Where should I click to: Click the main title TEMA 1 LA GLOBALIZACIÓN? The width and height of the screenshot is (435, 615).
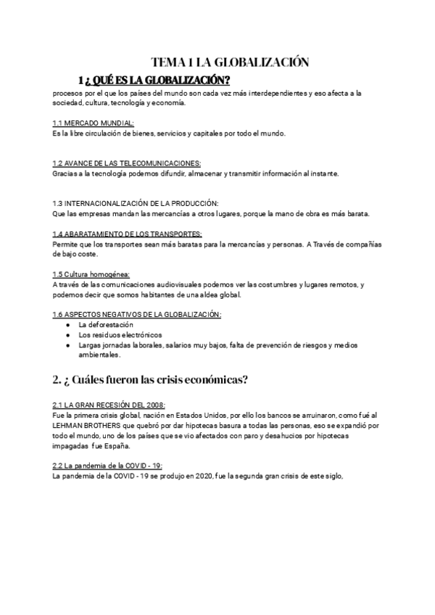[x=230, y=62]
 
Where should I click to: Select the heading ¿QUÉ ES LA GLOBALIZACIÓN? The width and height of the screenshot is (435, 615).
[x=157, y=79]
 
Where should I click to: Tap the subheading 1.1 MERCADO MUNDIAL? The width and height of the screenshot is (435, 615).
[x=93, y=124]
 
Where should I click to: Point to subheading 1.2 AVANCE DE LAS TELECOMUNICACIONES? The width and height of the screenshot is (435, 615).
[x=127, y=164]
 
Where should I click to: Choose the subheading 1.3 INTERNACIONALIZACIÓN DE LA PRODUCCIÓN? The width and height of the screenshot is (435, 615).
[x=135, y=204]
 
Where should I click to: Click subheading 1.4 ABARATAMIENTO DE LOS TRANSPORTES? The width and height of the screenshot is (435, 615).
[x=127, y=234]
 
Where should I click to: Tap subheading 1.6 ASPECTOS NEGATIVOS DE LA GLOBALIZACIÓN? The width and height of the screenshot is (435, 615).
[x=137, y=314]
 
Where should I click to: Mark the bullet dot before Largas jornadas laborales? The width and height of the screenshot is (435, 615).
[x=67, y=345]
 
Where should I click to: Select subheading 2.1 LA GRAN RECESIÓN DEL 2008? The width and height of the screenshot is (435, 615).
[x=109, y=404]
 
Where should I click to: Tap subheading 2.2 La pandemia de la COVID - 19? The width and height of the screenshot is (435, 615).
[x=107, y=465]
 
